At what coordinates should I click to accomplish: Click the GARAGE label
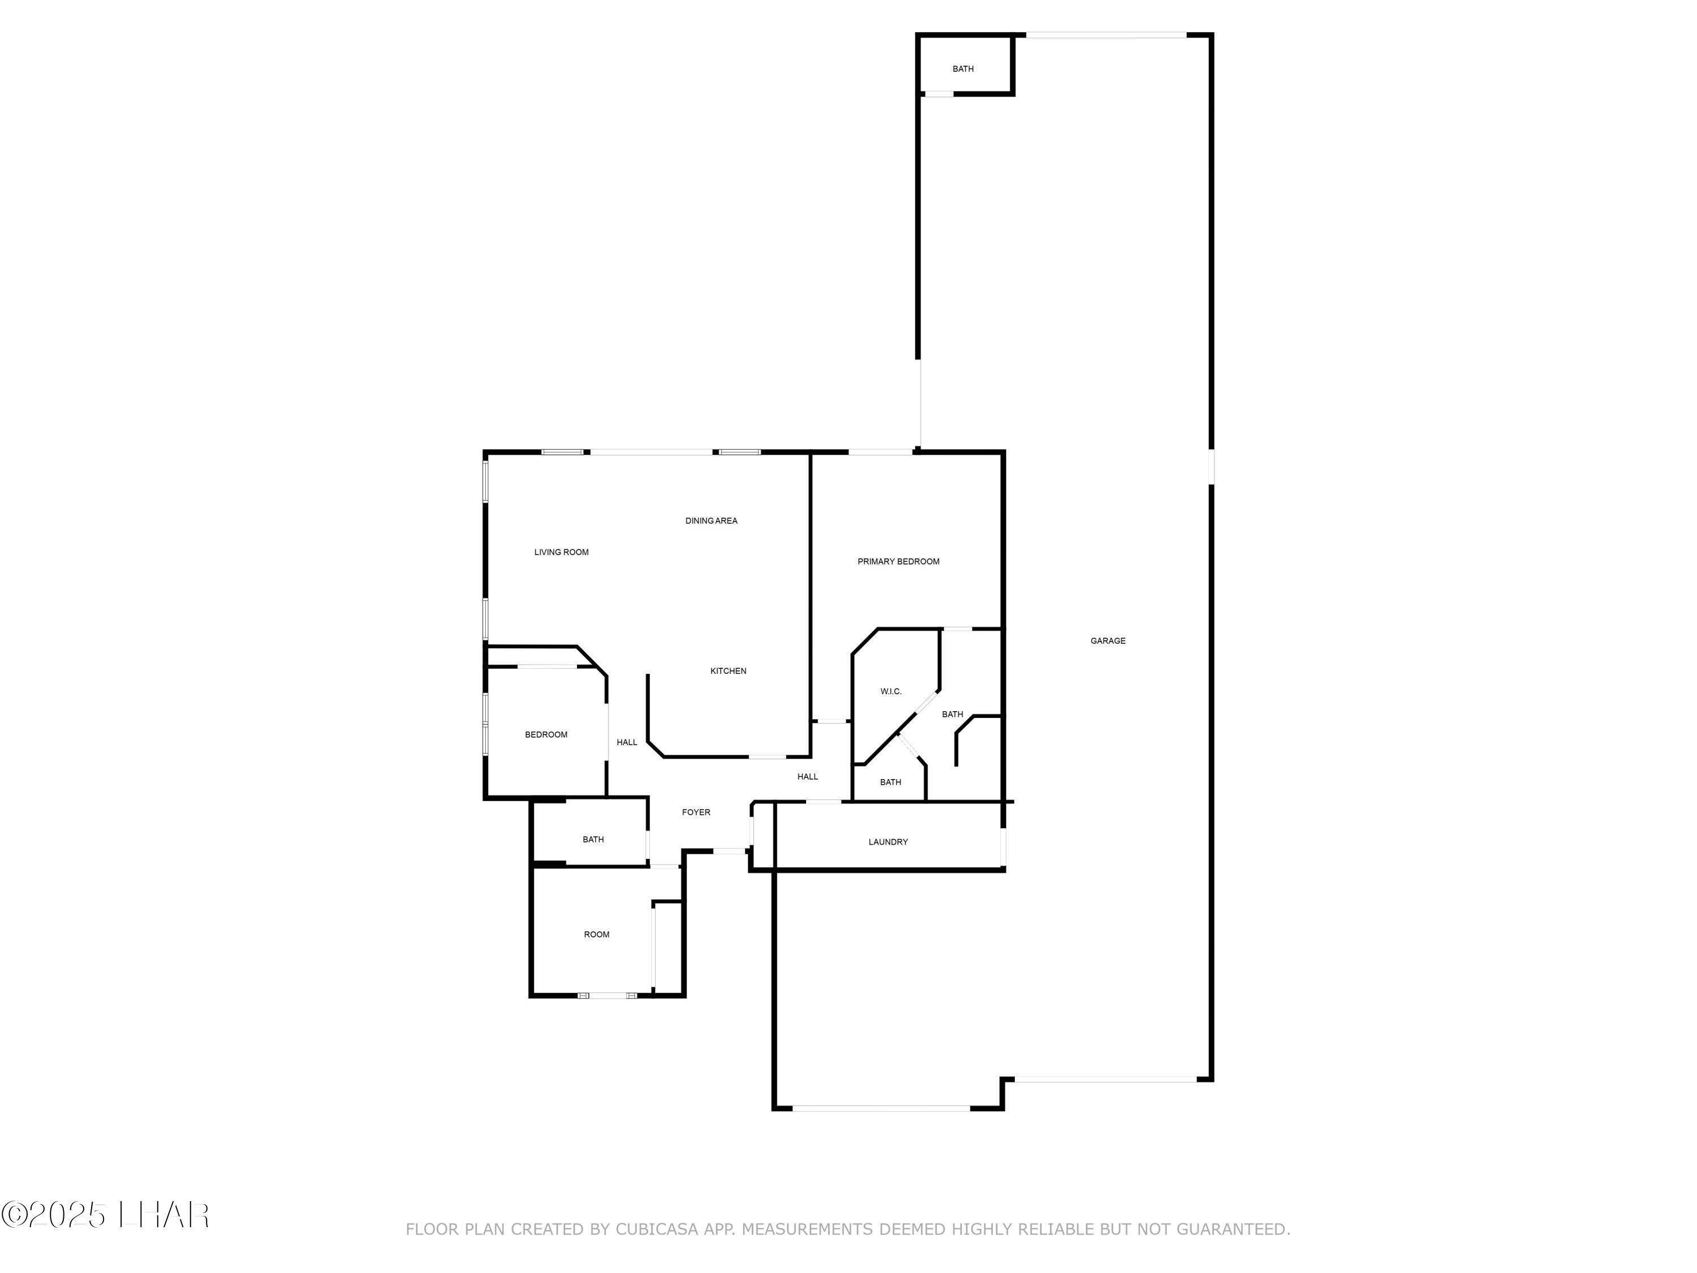point(1108,640)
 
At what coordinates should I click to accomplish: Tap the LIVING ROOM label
point(562,552)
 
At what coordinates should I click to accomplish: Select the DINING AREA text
point(711,521)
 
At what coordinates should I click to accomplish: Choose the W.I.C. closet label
point(891,691)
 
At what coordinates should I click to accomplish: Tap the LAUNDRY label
point(888,842)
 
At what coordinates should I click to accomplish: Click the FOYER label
point(696,812)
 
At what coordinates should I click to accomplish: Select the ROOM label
point(597,935)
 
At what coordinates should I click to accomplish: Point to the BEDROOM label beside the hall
point(546,735)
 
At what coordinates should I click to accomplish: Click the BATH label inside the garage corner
point(963,69)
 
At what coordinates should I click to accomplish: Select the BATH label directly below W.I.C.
point(890,782)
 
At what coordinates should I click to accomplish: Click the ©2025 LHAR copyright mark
point(105,1215)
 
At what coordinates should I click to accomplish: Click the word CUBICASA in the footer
point(656,1229)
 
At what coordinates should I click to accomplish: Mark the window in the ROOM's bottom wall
point(607,996)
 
